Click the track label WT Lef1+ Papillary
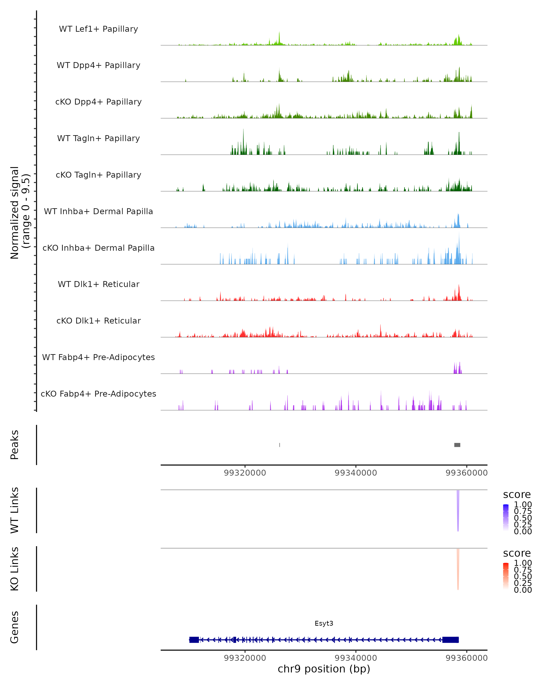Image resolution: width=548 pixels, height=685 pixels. [x=98, y=29]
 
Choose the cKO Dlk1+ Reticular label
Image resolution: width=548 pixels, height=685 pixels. [x=98, y=321]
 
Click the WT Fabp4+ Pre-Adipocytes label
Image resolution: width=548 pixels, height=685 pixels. [x=98, y=357]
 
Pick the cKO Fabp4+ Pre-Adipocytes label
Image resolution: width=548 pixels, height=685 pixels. [x=98, y=394]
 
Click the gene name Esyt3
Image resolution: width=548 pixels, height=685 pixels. [x=324, y=623]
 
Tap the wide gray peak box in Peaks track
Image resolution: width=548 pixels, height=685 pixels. [x=457, y=445]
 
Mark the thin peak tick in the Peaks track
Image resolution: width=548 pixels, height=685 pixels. [x=279, y=445]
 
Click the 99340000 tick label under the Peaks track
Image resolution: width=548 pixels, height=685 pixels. [x=356, y=473]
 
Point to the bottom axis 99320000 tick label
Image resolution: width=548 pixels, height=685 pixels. [x=245, y=658]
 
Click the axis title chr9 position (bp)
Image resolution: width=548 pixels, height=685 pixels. [x=324, y=669]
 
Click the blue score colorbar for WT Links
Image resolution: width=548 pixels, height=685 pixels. [x=506, y=518]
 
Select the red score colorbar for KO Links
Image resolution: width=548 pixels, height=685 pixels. [x=506, y=576]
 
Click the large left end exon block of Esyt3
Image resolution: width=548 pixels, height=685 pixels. [x=194, y=640]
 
